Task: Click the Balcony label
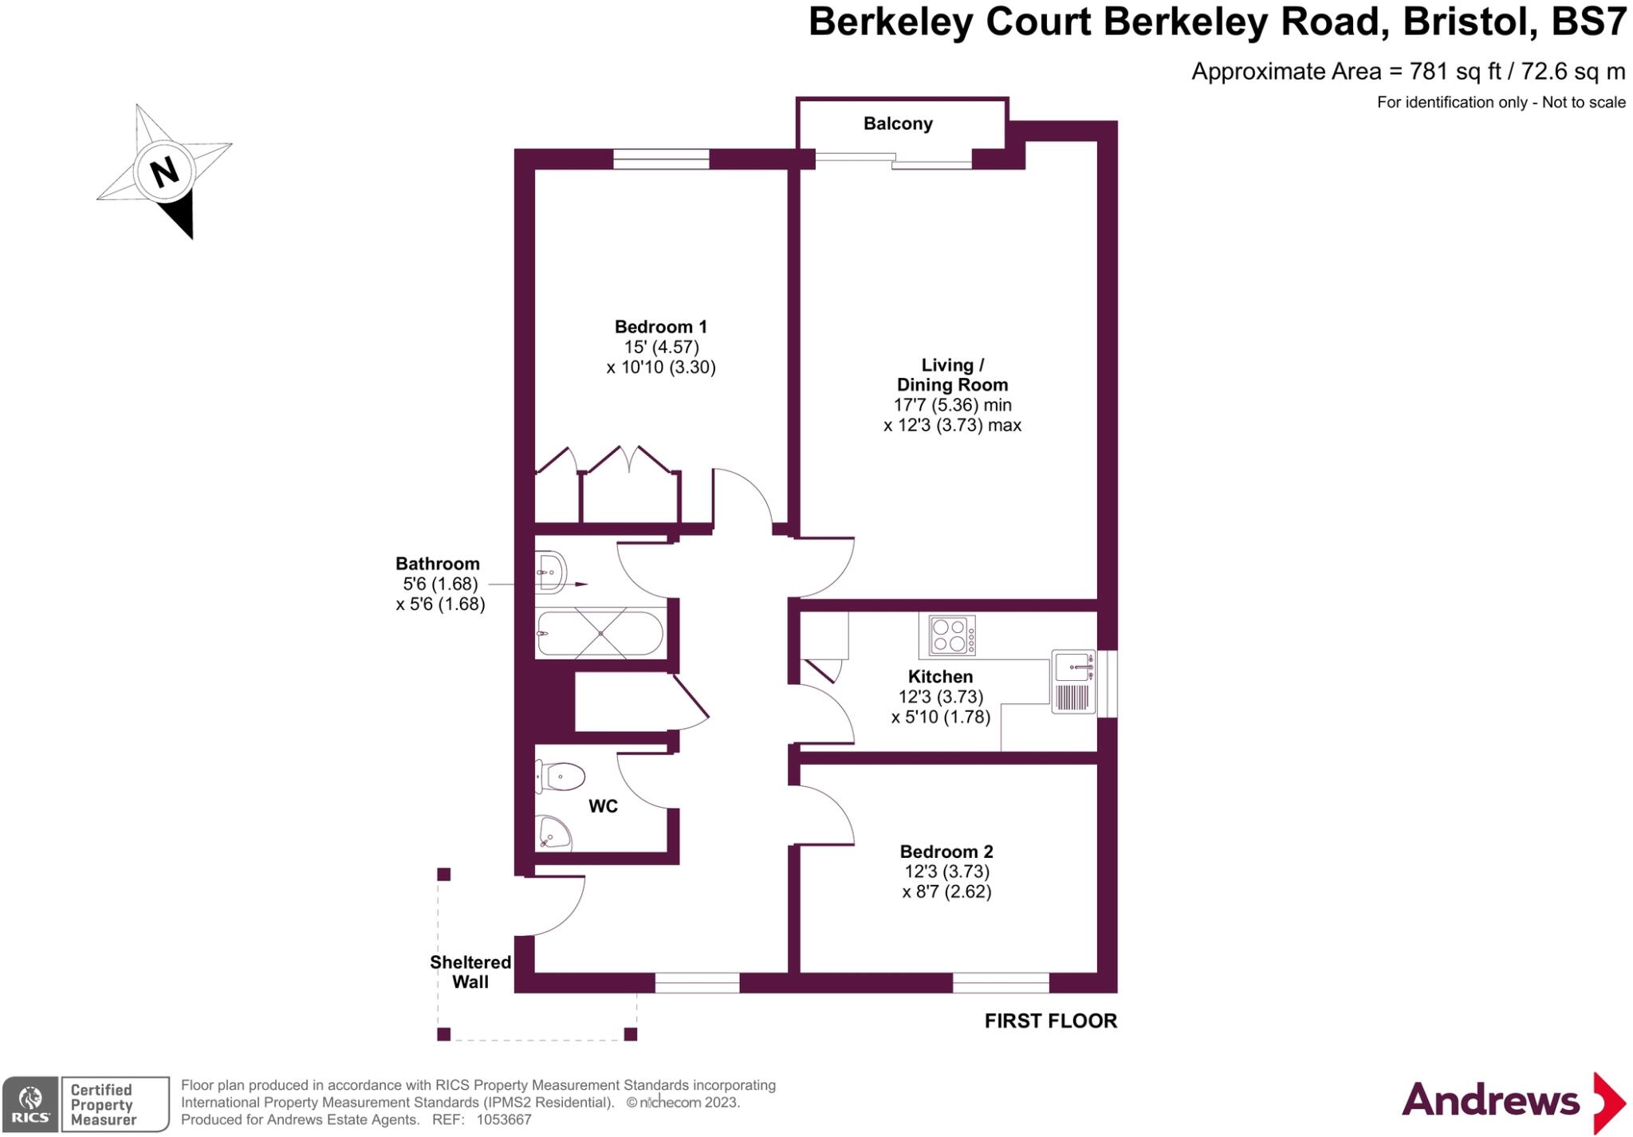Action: point(897,124)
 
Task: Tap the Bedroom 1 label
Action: point(660,327)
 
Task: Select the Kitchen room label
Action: point(940,676)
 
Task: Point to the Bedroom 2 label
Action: point(946,852)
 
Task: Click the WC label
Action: point(603,806)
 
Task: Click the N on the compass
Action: point(164,171)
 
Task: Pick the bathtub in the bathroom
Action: point(600,633)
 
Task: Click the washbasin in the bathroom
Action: point(550,572)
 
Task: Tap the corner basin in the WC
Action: point(553,832)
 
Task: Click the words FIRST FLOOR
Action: point(1050,1021)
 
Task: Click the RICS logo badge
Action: point(30,1104)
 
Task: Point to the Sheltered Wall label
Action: point(470,972)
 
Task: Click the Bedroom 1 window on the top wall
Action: point(661,159)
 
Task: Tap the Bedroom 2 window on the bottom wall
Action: point(1001,982)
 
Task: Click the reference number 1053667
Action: point(504,1119)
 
